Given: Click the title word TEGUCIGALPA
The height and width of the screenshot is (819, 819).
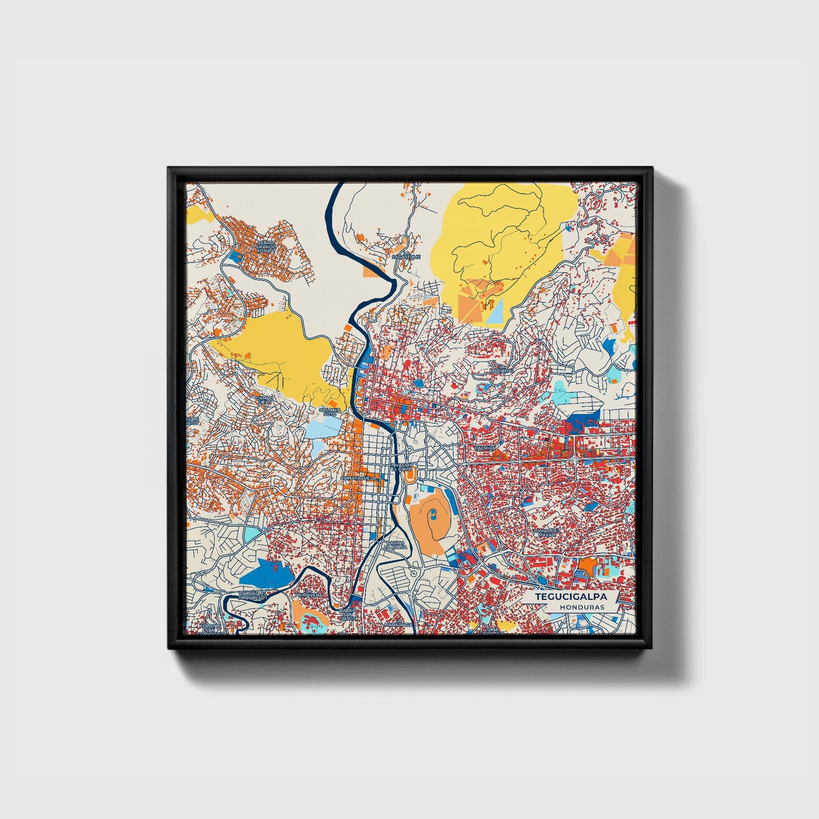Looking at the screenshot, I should (x=571, y=597).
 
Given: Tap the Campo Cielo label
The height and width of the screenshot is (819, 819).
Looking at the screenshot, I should (x=265, y=400).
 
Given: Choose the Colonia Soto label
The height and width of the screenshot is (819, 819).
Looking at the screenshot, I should (x=330, y=411).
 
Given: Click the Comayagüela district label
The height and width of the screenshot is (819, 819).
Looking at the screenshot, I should (x=358, y=478).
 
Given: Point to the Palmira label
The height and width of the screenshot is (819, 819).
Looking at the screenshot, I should (x=485, y=448).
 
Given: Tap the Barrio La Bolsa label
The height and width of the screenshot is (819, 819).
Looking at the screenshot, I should (x=396, y=545).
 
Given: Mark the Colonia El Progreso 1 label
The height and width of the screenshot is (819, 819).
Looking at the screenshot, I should (x=252, y=596).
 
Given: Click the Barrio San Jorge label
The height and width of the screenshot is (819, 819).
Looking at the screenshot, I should (x=348, y=614).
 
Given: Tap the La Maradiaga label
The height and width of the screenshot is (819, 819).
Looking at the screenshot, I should (x=397, y=624).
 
